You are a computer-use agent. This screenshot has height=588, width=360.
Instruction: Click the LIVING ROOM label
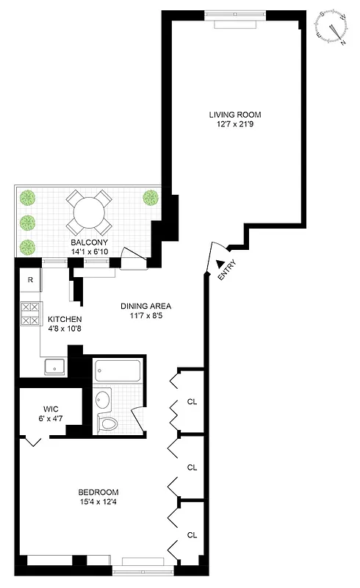[x=234, y=115]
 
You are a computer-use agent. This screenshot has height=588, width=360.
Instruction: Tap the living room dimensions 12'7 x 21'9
[x=234, y=124]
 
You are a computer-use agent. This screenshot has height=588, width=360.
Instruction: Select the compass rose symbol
[x=333, y=28]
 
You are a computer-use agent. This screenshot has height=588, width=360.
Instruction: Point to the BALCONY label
[x=89, y=243]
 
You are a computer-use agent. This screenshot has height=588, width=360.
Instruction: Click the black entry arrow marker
[x=220, y=263]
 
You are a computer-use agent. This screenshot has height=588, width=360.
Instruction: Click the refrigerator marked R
[x=30, y=279]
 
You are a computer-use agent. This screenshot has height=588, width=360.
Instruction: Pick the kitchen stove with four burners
[x=29, y=314]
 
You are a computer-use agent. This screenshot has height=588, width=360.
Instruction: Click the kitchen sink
[x=54, y=366]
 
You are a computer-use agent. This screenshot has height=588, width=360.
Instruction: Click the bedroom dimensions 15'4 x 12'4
[x=98, y=502]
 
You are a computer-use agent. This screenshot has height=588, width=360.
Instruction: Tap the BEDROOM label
[x=98, y=492]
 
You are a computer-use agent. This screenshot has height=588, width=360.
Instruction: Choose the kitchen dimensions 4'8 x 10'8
[x=65, y=329]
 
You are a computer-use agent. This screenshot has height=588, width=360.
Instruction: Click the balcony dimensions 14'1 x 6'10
[x=89, y=251]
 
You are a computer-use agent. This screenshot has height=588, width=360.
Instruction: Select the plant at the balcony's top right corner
[x=151, y=197]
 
